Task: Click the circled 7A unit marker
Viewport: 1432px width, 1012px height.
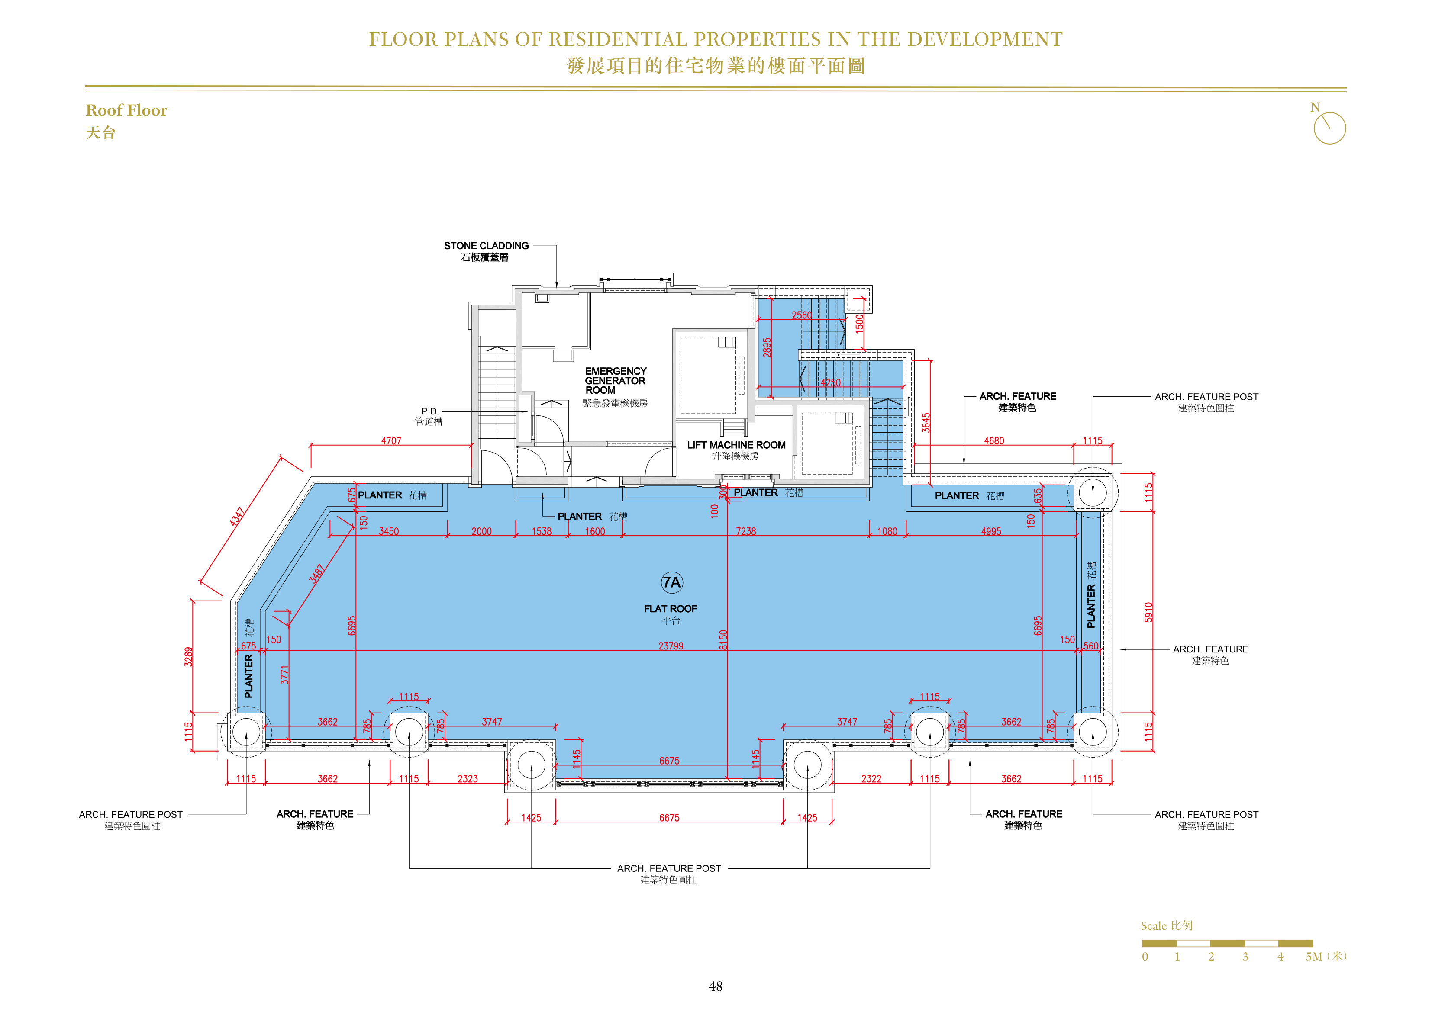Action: tap(672, 582)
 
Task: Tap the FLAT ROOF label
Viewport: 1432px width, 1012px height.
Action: tap(671, 609)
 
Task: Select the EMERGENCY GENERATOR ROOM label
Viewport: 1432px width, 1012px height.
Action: tap(616, 380)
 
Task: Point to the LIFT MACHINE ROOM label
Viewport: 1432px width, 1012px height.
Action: tap(736, 445)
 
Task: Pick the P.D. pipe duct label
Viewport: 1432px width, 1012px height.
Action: tap(430, 411)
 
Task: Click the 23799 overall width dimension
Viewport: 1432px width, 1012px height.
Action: tap(671, 646)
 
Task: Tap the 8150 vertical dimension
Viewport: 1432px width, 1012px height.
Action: tap(723, 640)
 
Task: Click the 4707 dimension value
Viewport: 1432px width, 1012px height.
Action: tap(391, 441)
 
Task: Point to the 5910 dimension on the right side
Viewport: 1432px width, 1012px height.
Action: tap(1148, 612)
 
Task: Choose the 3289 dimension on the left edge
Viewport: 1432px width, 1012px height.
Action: tap(188, 657)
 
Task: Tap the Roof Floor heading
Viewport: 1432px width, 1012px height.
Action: tap(126, 110)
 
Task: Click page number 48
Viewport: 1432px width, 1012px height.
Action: tap(716, 986)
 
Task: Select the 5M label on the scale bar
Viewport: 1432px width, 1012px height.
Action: tap(1313, 957)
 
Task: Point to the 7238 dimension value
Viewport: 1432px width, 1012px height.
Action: tap(745, 531)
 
